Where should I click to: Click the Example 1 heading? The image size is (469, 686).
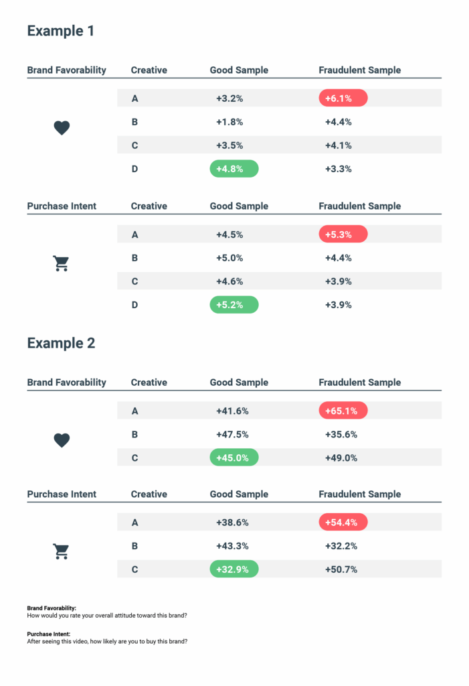click(61, 31)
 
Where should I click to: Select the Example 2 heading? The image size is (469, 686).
click(61, 344)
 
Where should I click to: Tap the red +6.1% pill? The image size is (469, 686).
click(343, 98)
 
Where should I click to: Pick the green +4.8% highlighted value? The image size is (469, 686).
click(233, 169)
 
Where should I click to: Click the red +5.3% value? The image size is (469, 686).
click(343, 234)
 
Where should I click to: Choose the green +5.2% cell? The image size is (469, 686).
click(233, 305)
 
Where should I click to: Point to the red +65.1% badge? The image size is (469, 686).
click(343, 411)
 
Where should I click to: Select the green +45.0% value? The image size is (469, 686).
click(233, 458)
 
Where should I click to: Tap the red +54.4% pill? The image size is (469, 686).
click(343, 523)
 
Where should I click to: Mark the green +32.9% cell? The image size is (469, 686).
click(233, 569)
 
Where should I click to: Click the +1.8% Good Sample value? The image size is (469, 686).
click(229, 122)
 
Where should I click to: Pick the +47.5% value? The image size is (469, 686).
click(231, 434)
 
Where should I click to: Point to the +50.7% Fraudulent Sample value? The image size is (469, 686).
click(341, 569)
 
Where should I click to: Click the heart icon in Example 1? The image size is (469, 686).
click(62, 128)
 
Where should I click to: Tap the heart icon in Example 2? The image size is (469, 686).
click(62, 440)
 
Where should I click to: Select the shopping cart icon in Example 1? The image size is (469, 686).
click(61, 264)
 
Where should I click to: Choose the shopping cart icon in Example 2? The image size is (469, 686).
click(61, 551)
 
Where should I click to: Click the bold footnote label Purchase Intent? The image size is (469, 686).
click(49, 634)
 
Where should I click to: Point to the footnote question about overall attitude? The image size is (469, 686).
click(106, 615)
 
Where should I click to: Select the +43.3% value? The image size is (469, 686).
click(231, 546)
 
